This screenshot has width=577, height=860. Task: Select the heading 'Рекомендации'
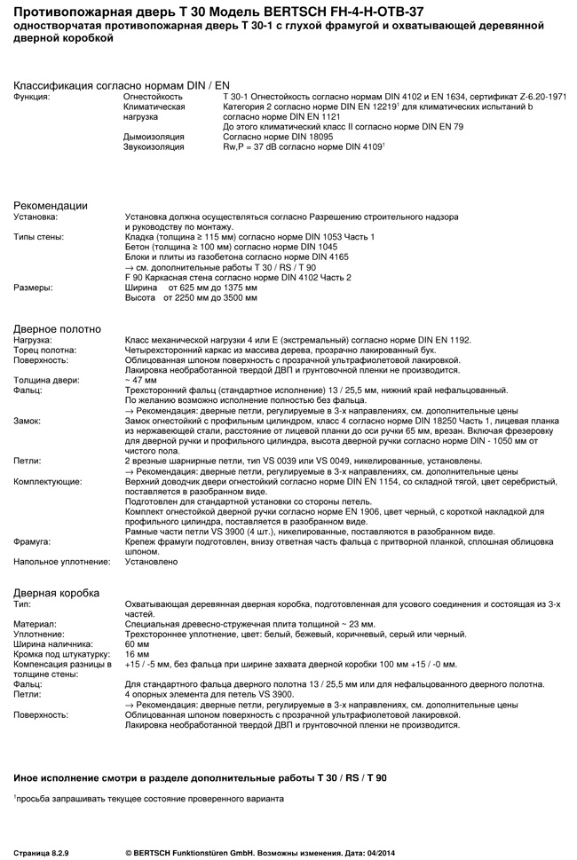51,206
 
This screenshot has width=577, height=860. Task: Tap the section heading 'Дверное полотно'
57,329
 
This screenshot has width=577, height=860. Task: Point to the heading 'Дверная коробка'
57,593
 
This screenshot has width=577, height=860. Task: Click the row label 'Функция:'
33,96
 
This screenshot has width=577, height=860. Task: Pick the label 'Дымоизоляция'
154,138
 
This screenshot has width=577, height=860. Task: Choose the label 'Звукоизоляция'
154,147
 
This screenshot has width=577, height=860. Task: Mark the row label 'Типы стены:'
38,236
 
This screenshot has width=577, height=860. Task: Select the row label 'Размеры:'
33,288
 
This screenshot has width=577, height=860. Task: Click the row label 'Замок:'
28,420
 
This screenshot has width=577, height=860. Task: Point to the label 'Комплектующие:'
48,481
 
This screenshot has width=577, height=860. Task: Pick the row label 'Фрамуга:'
32,540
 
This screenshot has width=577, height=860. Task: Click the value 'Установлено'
151,562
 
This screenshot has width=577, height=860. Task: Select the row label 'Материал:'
35,624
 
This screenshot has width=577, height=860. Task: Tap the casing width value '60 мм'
138,644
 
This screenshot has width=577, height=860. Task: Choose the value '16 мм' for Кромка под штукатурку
138,654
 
